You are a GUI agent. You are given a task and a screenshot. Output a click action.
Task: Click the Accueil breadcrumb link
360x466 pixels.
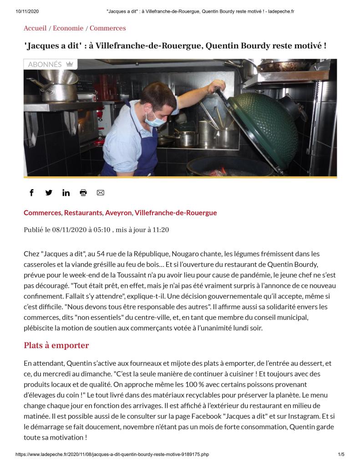click(35, 28)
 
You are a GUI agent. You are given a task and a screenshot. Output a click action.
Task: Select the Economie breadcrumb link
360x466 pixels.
click(68, 28)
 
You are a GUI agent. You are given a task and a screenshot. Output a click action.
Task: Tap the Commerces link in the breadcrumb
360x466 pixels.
click(107, 28)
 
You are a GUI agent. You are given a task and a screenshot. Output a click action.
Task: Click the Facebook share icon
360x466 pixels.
click(31, 193)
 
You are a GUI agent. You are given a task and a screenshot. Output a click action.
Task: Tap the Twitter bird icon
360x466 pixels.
click(49, 193)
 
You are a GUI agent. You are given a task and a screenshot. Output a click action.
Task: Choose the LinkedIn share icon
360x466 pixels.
click(66, 193)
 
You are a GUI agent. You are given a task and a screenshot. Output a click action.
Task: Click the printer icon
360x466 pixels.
click(83, 193)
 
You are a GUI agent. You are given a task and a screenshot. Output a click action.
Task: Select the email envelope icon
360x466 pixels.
click(101, 193)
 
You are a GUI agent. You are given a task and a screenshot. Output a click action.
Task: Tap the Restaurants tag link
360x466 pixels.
click(83, 213)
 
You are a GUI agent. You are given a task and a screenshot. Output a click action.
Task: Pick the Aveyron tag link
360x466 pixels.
click(118, 213)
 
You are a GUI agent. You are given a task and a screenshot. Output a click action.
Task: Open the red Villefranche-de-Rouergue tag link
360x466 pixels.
click(176, 213)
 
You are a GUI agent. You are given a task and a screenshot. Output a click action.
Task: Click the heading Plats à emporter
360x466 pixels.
click(56, 345)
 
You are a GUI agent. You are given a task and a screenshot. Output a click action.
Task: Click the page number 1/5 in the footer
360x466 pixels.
click(341, 455)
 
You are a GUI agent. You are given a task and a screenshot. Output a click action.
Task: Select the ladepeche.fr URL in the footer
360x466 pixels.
click(112, 455)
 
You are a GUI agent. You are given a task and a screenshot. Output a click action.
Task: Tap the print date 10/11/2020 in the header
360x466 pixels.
click(26, 11)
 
